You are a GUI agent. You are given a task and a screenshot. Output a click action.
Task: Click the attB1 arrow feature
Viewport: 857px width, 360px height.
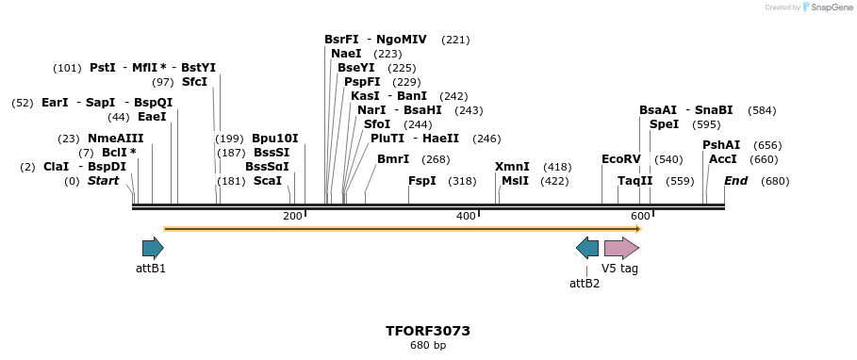click(153, 248)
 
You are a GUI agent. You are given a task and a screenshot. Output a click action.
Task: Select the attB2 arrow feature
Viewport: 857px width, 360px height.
click(586, 248)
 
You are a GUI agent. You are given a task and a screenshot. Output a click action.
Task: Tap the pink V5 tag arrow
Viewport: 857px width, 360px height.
click(621, 248)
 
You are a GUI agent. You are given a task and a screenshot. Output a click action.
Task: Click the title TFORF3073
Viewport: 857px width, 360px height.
click(428, 331)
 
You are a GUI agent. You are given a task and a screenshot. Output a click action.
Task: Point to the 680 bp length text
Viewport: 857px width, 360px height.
click(428, 346)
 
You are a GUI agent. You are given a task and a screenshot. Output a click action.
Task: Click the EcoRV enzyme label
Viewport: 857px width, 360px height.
click(620, 159)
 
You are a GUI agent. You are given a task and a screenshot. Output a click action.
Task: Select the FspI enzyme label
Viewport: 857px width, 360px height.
click(422, 181)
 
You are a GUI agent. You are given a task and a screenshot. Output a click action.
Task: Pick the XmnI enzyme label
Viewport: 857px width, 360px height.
click(512, 167)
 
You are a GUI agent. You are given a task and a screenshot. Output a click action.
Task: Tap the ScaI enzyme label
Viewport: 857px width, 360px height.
click(268, 181)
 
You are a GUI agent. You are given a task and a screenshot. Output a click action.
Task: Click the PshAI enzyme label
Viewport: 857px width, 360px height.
click(721, 145)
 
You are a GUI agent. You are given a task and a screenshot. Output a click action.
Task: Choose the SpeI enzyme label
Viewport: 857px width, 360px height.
click(664, 124)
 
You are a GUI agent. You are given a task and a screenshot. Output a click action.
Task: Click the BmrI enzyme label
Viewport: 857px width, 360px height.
click(393, 159)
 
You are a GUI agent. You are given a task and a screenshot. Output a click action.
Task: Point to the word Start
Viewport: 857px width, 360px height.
click(104, 181)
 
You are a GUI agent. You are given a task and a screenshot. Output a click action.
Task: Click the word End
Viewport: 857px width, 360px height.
click(735, 181)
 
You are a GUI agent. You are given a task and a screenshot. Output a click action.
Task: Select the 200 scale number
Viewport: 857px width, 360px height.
click(292, 217)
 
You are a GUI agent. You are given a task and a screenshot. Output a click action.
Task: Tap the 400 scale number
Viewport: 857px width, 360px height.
click(466, 217)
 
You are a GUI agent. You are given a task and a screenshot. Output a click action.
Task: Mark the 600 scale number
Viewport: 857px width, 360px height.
click(639, 217)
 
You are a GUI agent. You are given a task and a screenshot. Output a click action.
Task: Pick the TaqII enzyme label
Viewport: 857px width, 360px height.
click(635, 181)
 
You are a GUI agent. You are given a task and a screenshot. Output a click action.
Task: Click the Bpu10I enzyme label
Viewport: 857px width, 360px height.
click(275, 139)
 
